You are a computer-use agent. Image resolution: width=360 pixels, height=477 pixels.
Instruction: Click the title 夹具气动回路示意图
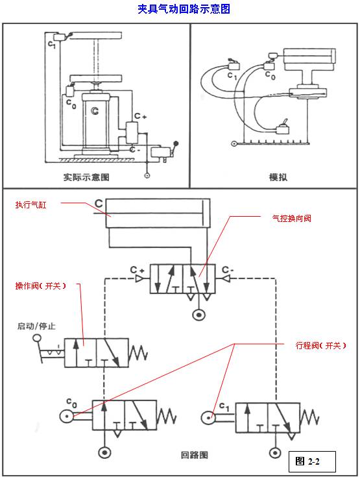click(x=184, y=9)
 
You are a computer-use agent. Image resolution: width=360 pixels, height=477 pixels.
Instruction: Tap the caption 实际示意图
click(x=86, y=177)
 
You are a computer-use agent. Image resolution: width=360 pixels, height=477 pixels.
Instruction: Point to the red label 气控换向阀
click(x=291, y=218)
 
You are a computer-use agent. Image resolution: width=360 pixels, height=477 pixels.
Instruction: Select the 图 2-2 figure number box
click(x=311, y=461)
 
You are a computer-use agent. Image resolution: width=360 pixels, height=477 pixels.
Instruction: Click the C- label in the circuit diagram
click(x=228, y=269)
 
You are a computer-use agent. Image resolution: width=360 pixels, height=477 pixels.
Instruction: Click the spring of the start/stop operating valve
click(x=139, y=354)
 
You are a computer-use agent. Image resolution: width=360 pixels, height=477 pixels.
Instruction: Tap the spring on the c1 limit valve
click(x=311, y=415)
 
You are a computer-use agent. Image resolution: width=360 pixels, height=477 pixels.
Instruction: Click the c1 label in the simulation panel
click(x=232, y=75)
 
